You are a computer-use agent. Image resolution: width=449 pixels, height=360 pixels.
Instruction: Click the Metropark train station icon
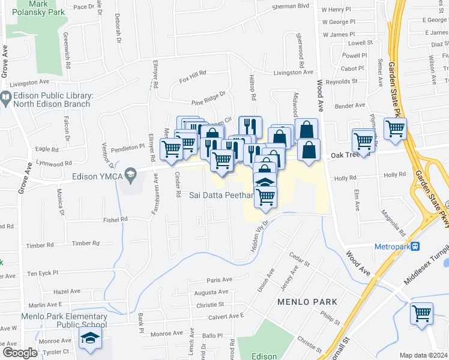coord(415,247)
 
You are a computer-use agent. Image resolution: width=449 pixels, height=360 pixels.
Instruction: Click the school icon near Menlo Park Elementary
coord(90,339)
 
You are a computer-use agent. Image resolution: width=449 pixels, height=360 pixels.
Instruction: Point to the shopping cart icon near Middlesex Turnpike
coord(421,313)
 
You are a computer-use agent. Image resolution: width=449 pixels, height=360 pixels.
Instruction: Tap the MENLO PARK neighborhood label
coord(307,301)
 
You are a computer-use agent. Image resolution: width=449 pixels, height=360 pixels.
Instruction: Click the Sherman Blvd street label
coord(291,5)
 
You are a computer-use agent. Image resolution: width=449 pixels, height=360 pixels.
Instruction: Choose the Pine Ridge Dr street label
coord(208,95)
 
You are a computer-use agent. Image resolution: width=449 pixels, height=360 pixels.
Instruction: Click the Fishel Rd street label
coord(116,220)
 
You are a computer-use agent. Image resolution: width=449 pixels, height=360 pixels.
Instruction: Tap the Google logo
coord(20,353)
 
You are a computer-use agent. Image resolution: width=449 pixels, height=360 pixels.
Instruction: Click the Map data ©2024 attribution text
coord(423,355)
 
